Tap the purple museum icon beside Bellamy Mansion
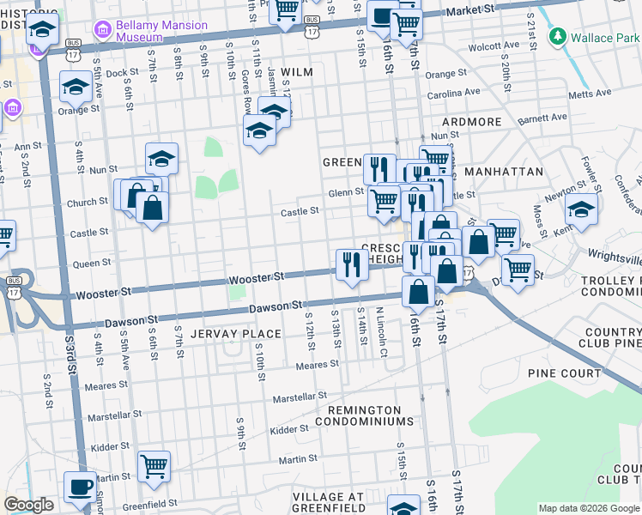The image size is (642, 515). (104, 31)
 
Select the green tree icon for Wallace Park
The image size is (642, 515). (558, 37)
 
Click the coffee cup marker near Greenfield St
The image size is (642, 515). (82, 486)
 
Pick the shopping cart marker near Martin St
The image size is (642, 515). (154, 466)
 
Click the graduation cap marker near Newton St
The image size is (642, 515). (581, 210)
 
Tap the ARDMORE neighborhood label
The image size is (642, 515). (472, 122)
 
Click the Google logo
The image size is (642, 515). (29, 505)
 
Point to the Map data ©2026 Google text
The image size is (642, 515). (588, 508)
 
